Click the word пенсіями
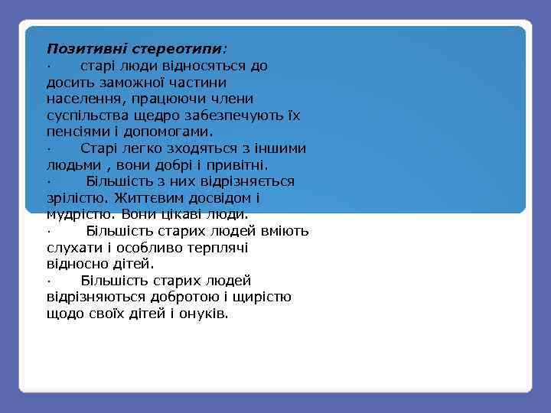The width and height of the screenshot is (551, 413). [x=76, y=132]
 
